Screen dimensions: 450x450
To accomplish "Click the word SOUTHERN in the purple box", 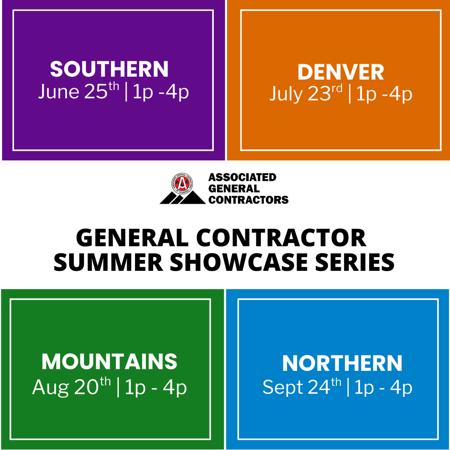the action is pos(109,69).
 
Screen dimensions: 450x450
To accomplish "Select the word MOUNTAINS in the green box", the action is pos(109,361).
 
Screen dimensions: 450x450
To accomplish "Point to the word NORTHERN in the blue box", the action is pos(342,363).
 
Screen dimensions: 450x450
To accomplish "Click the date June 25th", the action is pos(79,91).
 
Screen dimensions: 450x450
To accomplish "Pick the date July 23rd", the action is pos(306,93).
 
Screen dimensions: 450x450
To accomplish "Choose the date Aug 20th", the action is pos(72,387).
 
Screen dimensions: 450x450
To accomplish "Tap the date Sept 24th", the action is pos(302,387).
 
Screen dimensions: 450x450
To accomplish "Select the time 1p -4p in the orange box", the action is pos(384,94).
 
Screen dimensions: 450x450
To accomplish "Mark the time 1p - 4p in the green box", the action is pos(156,388).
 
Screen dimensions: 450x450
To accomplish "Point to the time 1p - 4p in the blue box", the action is pos(383,388).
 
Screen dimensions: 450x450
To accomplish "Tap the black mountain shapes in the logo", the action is pos(183,197).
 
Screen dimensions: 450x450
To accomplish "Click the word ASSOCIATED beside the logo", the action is pos(242,177).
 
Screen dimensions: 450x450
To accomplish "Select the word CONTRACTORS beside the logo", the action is pos(248,200).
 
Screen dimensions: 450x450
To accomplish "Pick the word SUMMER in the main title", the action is pos(108,262).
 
